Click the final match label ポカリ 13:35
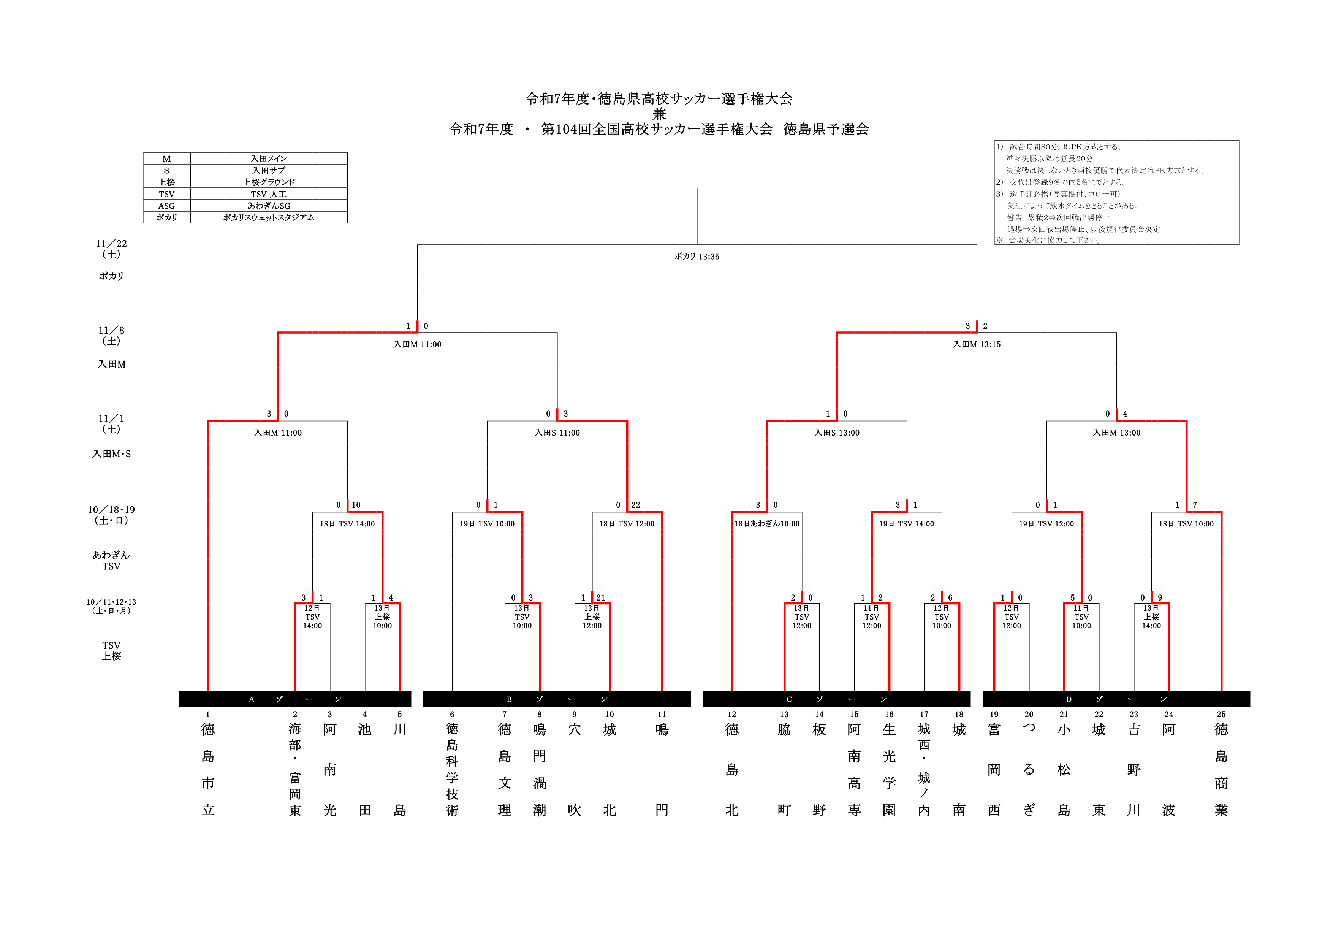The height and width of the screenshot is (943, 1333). (x=697, y=256)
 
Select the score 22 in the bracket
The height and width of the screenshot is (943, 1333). (x=636, y=505)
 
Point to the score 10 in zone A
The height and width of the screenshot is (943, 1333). (x=356, y=505)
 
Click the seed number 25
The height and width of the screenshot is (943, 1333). (x=1221, y=714)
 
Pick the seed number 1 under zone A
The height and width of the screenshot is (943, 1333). (x=208, y=714)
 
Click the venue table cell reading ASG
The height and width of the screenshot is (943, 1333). (x=166, y=206)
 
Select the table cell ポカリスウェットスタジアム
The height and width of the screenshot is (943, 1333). (x=269, y=217)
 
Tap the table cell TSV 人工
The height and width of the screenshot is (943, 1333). (x=269, y=194)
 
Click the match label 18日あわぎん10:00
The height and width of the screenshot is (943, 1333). (x=767, y=523)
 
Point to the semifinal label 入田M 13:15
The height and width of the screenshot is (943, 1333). (x=977, y=344)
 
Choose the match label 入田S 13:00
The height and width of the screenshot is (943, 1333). (x=837, y=433)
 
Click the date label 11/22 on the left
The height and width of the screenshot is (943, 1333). (x=111, y=243)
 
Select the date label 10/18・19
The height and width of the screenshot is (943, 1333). (x=111, y=509)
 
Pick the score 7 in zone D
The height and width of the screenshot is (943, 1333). (x=1195, y=505)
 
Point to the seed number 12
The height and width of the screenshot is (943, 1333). (x=731, y=714)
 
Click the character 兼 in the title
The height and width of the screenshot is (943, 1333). (x=659, y=114)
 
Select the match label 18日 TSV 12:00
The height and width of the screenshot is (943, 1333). (x=627, y=523)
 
